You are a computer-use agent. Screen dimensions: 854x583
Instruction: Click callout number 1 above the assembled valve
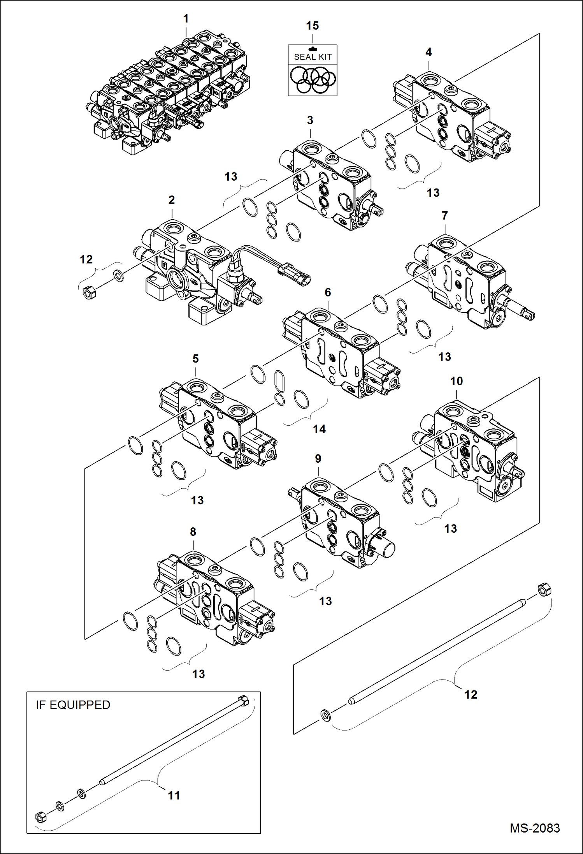tap(186, 19)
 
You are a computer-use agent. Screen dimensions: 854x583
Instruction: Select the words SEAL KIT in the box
tap(313, 57)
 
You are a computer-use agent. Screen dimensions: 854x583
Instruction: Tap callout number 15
tap(312, 26)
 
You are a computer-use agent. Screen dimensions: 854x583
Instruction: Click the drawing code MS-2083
tap(535, 828)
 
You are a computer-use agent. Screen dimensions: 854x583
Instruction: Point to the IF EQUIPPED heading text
tap(73, 705)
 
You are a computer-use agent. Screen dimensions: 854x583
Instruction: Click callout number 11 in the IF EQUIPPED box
tap(174, 795)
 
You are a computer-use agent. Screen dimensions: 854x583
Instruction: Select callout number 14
tap(319, 429)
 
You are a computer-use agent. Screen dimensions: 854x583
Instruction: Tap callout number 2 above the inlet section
tap(172, 200)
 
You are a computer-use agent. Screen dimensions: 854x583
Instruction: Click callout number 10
tap(457, 381)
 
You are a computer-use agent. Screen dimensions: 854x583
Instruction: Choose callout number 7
tap(445, 215)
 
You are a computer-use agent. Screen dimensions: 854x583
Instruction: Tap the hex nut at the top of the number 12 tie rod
tap(544, 589)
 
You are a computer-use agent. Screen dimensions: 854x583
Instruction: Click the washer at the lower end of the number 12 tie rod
tap(325, 715)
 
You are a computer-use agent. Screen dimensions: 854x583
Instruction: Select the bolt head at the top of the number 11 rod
tap(242, 700)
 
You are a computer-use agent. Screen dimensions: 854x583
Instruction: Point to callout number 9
tap(318, 459)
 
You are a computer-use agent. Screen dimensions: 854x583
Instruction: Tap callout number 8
tap(193, 532)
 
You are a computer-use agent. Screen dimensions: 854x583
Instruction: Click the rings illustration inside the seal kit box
tap(313, 80)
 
